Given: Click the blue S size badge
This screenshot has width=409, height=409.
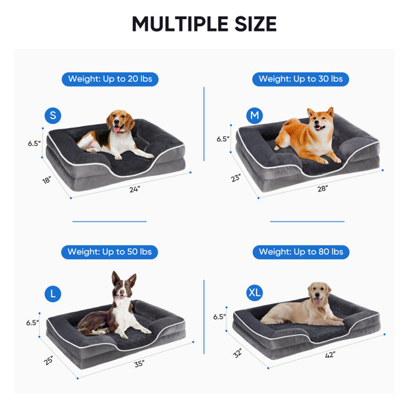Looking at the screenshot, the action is pyautogui.click(x=53, y=116).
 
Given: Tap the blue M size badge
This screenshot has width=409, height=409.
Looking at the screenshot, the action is pyautogui.click(x=254, y=116).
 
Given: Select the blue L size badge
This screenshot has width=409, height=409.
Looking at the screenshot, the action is pyautogui.click(x=53, y=294).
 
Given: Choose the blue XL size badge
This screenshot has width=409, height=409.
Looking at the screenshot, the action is pyautogui.click(x=254, y=292).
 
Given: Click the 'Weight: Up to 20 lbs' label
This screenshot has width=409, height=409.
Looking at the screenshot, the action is pyautogui.click(x=110, y=79).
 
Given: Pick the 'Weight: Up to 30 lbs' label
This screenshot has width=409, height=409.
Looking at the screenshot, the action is pyautogui.click(x=301, y=79).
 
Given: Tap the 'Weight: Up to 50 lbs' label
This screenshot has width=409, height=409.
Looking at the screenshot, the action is pyautogui.click(x=110, y=252).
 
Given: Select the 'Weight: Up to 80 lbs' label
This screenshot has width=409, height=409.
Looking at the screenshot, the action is pyautogui.click(x=301, y=252).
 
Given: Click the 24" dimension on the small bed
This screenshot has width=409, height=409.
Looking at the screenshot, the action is pyautogui.click(x=135, y=189).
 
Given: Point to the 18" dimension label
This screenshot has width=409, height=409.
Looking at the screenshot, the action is pyautogui.click(x=46, y=180).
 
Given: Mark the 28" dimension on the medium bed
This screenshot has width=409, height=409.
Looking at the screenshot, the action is pyautogui.click(x=322, y=188).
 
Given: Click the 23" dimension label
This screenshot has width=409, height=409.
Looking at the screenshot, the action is pyautogui.click(x=236, y=178).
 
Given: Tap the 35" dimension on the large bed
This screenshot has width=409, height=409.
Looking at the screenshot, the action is pyautogui.click(x=139, y=363).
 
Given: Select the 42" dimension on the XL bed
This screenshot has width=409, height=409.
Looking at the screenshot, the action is pyautogui.click(x=330, y=354).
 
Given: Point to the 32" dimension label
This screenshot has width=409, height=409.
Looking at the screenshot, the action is pyautogui.click(x=238, y=353).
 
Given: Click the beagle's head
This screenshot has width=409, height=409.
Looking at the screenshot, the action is pyautogui.click(x=120, y=121).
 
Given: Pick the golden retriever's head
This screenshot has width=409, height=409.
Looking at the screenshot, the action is pyautogui.click(x=319, y=294).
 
